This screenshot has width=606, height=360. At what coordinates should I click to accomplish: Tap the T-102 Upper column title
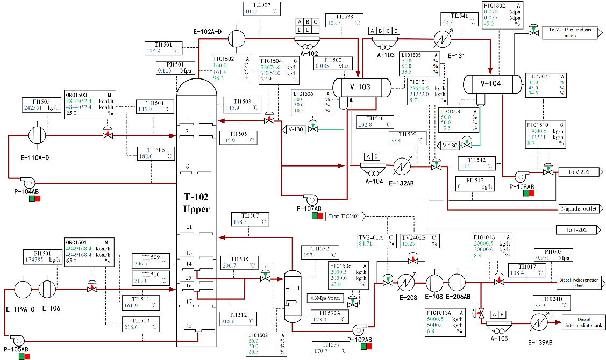[x=196, y=203]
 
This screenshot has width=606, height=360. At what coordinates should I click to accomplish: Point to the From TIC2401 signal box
[x=345, y=216]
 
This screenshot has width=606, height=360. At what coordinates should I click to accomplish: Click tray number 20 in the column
[x=187, y=326]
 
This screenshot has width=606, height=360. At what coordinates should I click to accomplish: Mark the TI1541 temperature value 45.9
[x=448, y=22]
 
